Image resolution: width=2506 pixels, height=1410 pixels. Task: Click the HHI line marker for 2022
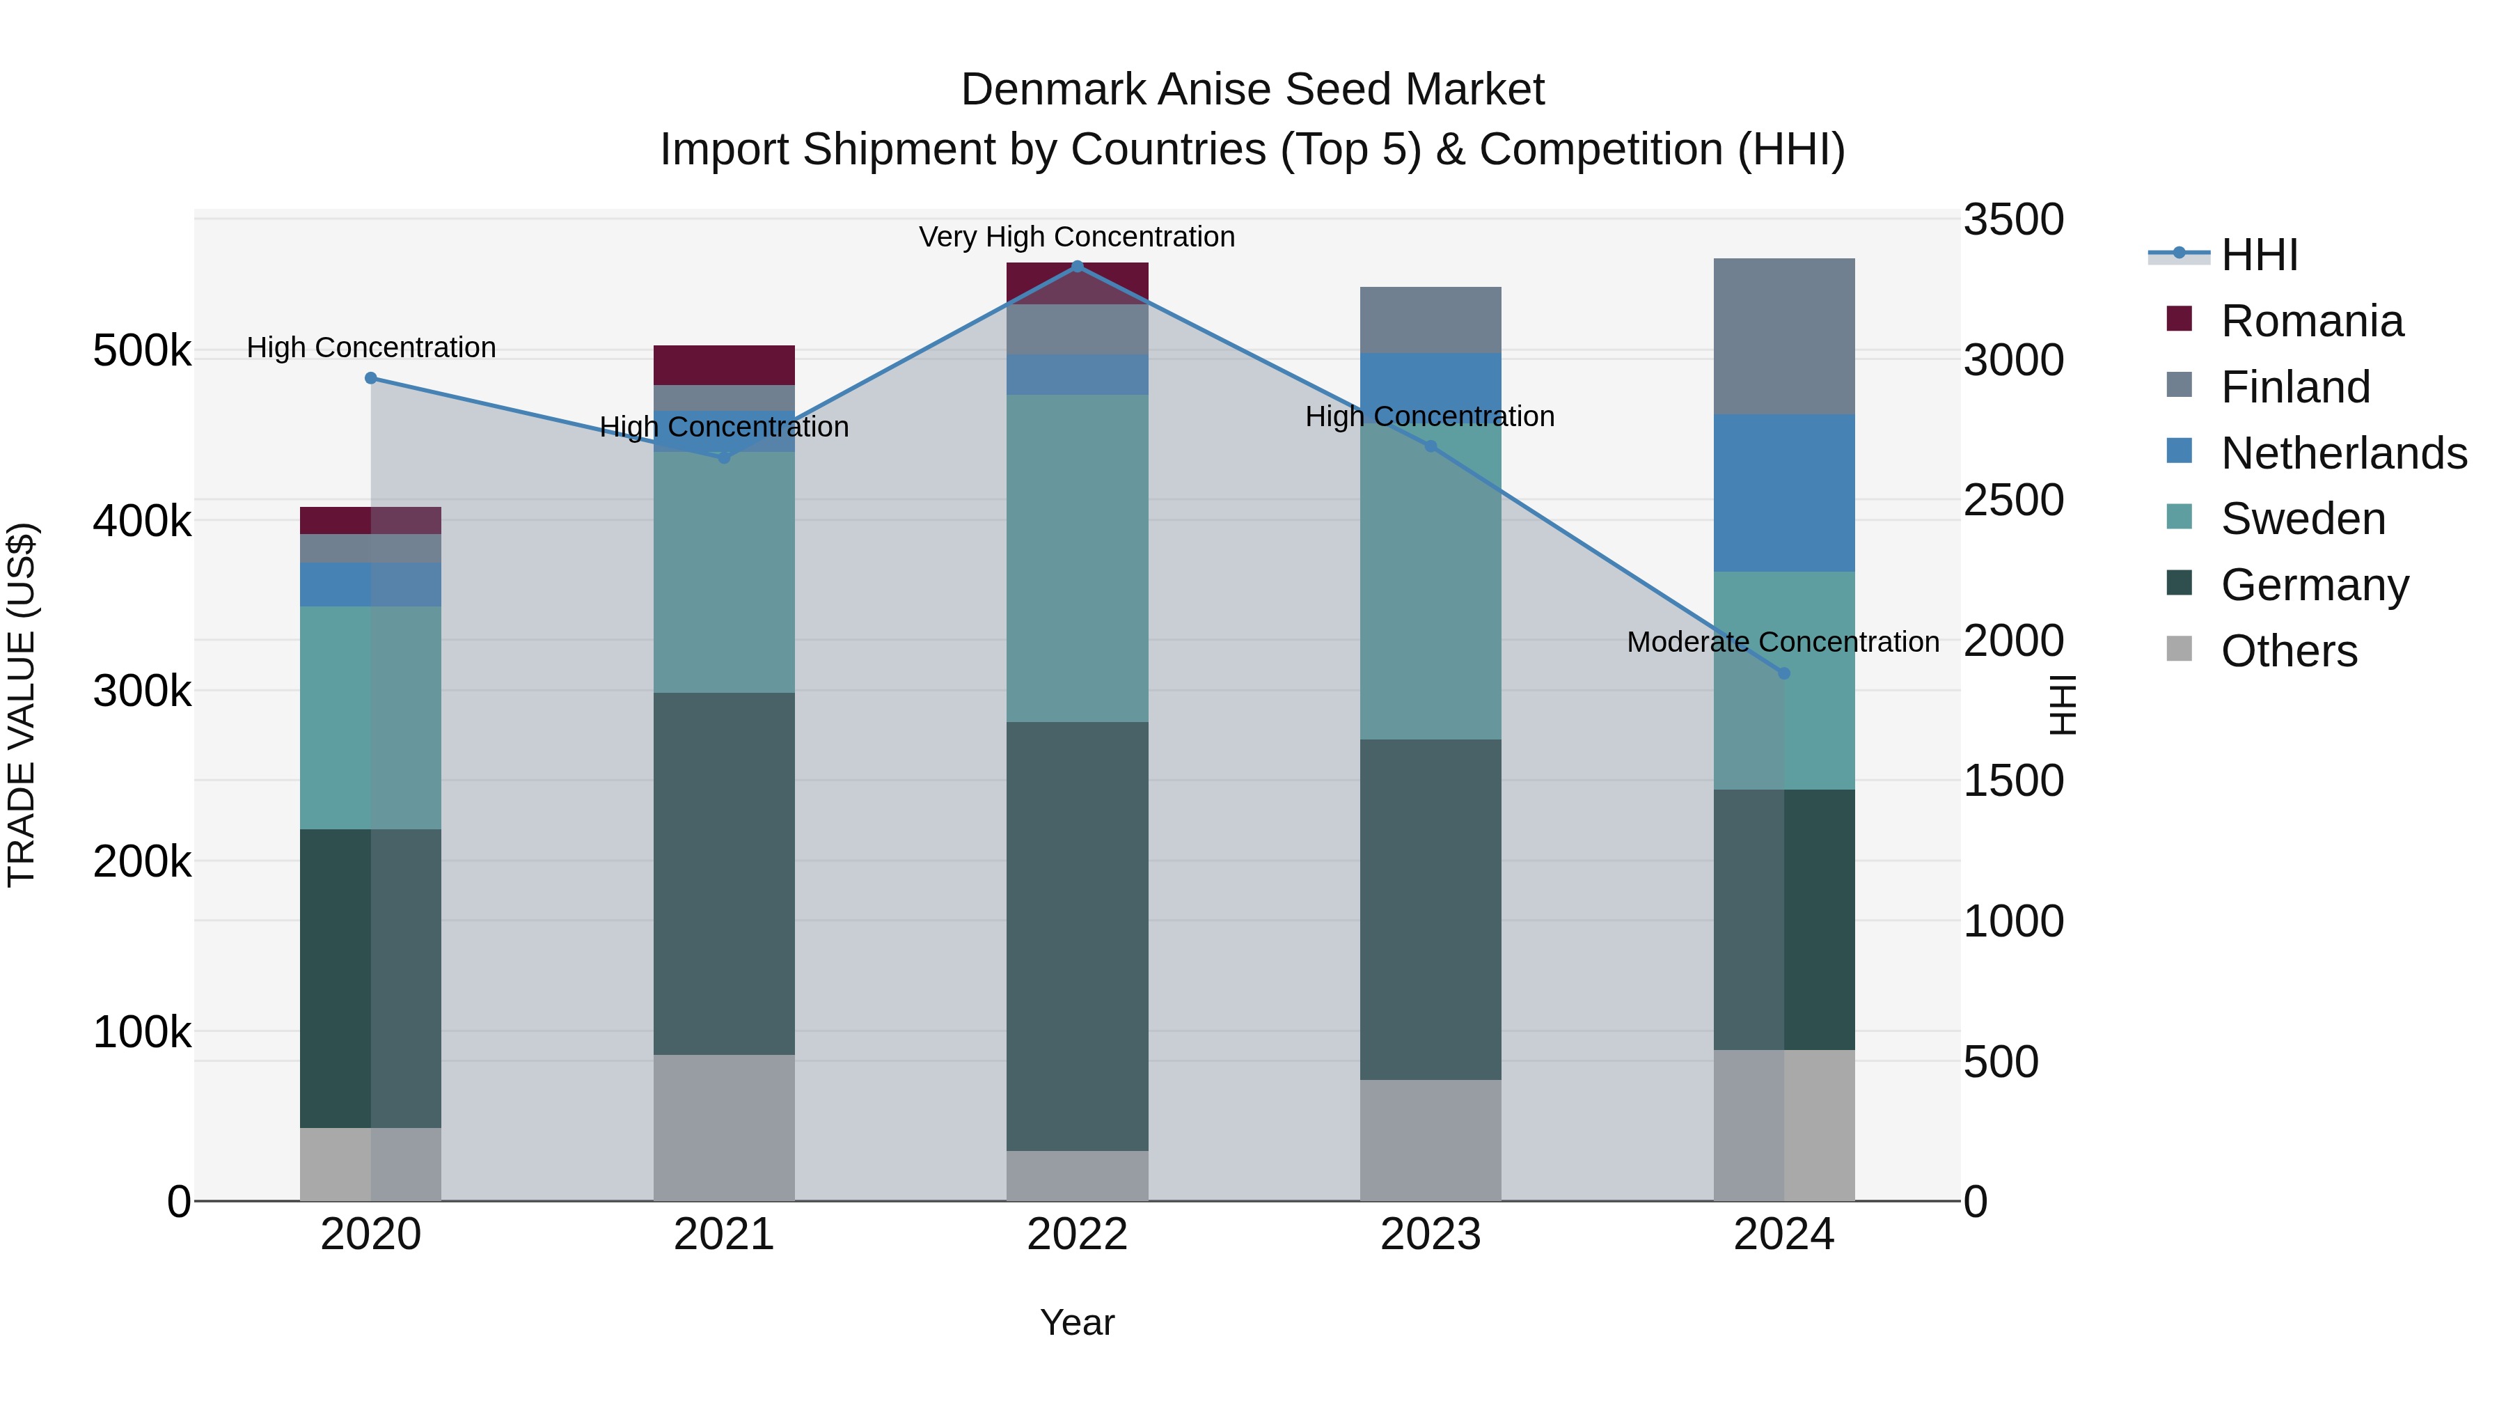pyautogui.click(x=1077, y=267)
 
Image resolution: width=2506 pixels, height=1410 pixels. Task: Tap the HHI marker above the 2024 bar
pyautogui.click(x=1783, y=673)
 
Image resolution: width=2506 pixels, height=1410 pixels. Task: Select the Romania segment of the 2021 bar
pyautogui.click(x=724, y=365)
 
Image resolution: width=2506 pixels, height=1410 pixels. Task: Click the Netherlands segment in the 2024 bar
pyautogui.click(x=1783, y=494)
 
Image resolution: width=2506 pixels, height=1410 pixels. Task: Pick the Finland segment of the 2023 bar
pyautogui.click(x=1430, y=319)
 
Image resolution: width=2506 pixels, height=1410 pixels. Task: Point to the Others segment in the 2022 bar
pyautogui.click(x=1077, y=1175)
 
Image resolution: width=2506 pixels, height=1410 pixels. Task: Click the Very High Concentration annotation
pyautogui.click(x=1077, y=237)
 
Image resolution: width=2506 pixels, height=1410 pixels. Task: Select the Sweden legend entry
pyautogui.click(x=2303, y=519)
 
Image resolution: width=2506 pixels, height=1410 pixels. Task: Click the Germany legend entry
pyautogui.click(x=2315, y=585)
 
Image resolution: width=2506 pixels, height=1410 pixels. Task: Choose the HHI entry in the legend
pyautogui.click(x=2259, y=255)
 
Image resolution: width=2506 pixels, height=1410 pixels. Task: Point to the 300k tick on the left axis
pyautogui.click(x=142, y=691)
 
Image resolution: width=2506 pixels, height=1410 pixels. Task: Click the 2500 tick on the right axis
pyautogui.click(x=2012, y=500)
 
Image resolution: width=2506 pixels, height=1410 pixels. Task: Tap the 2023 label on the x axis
pyautogui.click(x=1430, y=1235)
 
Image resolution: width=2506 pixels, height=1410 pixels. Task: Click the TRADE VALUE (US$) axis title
pyautogui.click(x=22, y=705)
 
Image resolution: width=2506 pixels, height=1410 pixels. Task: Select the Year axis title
pyautogui.click(x=1077, y=1322)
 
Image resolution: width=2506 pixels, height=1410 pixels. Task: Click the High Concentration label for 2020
pyautogui.click(x=370, y=347)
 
